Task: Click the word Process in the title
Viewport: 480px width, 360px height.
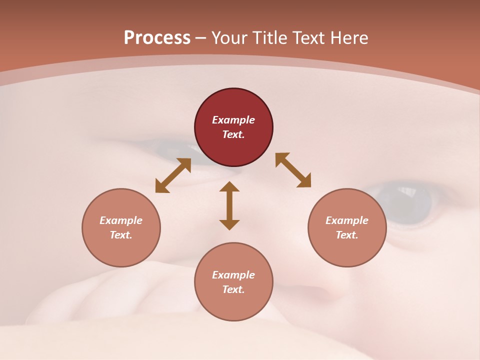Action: (x=157, y=38)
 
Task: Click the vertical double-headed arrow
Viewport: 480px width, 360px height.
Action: (x=229, y=205)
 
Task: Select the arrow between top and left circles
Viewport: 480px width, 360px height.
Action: (x=173, y=175)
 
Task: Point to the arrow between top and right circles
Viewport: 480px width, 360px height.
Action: (x=293, y=170)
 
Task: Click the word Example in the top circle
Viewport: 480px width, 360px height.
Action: (x=233, y=120)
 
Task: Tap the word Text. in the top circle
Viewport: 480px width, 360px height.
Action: (x=233, y=134)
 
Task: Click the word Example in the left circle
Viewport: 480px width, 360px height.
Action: (x=121, y=220)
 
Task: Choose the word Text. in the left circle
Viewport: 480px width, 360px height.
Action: (x=121, y=235)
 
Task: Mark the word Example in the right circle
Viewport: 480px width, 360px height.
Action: (x=347, y=220)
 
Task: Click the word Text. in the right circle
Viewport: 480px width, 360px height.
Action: (x=347, y=235)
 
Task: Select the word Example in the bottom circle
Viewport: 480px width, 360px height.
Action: (x=233, y=275)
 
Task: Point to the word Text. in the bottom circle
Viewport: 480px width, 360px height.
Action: (x=233, y=289)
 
